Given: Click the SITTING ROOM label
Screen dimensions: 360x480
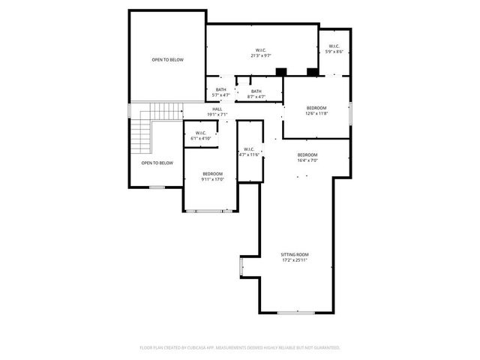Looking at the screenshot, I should point(295,255).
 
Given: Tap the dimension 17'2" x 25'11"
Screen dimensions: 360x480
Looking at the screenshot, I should point(295,260).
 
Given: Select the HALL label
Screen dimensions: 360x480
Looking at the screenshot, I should point(217,109).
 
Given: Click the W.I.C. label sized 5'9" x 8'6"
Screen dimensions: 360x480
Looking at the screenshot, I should point(334,46).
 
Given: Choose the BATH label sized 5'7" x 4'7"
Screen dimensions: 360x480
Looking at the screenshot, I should point(220,91).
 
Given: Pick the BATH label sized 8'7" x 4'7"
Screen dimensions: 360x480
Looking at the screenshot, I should point(256,91).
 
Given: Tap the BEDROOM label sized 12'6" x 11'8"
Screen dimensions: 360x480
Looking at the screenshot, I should point(316,108).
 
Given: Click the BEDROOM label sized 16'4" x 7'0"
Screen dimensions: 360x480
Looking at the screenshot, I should point(307,154).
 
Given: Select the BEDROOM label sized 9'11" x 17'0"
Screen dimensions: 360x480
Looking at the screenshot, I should point(212,174).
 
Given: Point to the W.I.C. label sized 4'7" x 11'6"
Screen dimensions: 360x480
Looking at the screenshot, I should point(249,149).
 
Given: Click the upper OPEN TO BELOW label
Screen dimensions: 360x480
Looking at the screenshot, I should point(167,60).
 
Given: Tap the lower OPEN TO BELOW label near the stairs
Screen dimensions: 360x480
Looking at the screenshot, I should point(157,163).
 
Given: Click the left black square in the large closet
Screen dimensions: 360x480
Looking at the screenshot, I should point(280,72).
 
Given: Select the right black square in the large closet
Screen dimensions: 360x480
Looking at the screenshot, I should point(312,72).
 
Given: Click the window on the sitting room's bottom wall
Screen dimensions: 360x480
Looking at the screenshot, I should point(295,312).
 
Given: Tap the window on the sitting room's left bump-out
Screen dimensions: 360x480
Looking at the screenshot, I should point(241,267).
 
